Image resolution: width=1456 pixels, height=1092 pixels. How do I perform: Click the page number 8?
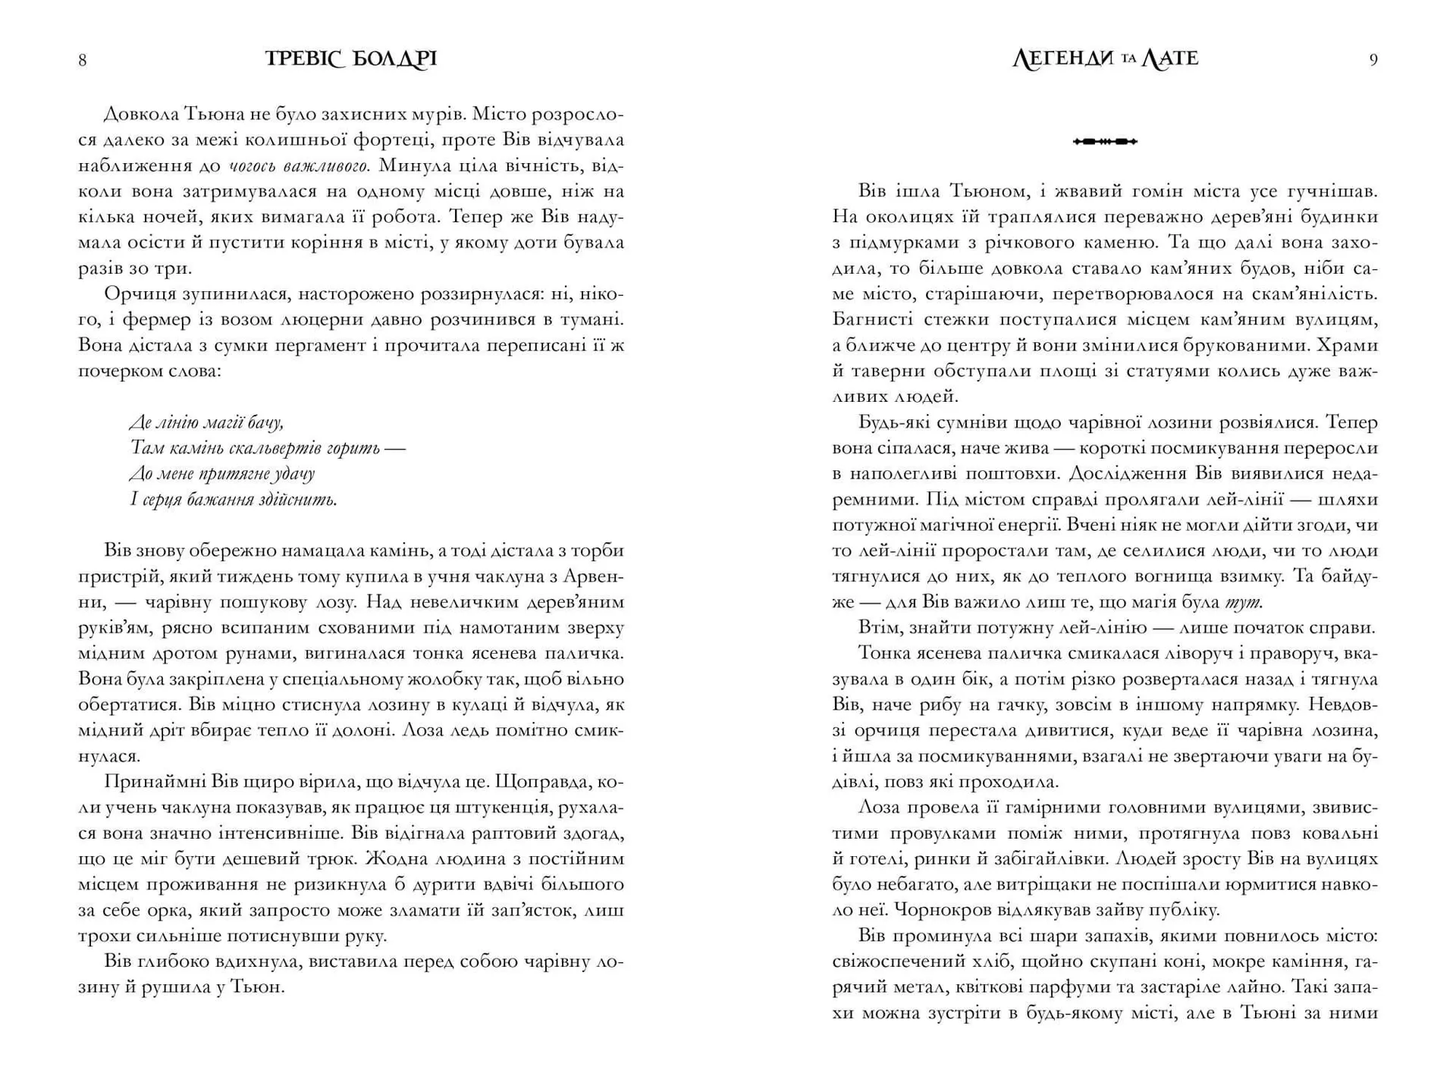pos(83,61)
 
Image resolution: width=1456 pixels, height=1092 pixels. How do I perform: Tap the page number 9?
pos(1373,61)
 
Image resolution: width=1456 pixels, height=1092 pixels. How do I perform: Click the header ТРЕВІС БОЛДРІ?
pos(351,59)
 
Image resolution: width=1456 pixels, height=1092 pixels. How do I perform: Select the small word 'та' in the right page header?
pos(1128,60)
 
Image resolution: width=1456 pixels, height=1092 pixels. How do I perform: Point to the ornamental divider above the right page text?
pos(1105,141)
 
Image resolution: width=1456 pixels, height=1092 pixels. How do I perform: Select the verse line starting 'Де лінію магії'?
pos(206,422)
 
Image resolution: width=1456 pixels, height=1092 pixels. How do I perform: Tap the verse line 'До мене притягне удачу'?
pos(221,474)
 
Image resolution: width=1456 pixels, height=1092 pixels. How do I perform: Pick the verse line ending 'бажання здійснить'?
pos(234,500)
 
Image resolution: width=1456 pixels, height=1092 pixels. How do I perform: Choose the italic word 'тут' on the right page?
pos(1244,603)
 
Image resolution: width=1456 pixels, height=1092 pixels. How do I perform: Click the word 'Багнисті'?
pos(868,320)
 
